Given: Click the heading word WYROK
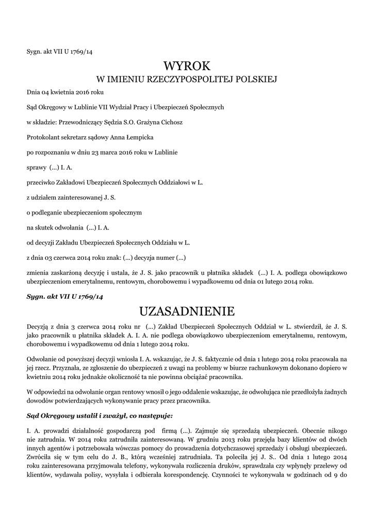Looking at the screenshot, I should tap(187, 66).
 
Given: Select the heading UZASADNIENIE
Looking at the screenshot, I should tap(187, 311).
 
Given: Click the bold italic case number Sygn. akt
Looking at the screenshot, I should tap(65, 298).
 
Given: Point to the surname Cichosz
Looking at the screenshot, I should tap(171, 122).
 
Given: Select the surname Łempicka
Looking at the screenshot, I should tap(135, 137).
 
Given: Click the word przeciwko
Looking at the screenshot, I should tap(42, 182).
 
